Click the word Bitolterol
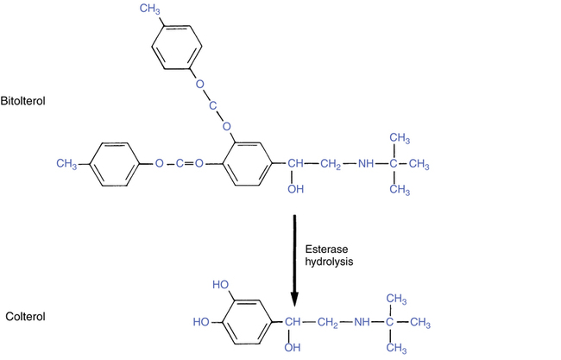[x=23, y=101]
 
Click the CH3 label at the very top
[x=150, y=9]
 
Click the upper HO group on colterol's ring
[x=220, y=285]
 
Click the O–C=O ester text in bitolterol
[x=179, y=162]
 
